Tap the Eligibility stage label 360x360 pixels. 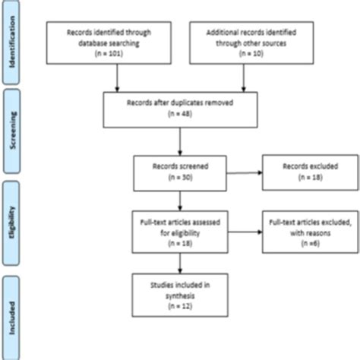(x=12, y=220)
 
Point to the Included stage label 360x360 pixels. (x=12, y=311)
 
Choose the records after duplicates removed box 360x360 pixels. (x=179, y=112)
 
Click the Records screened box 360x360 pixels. (x=179, y=174)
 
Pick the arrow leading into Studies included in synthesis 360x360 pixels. (x=179, y=262)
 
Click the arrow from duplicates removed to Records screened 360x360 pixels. (x=179, y=143)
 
